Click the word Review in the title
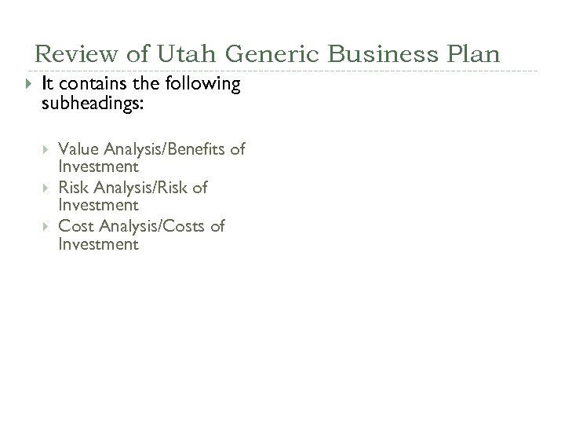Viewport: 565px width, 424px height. click(x=71, y=54)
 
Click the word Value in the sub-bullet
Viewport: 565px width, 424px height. click(x=77, y=149)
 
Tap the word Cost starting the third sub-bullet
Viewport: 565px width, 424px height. click(x=75, y=226)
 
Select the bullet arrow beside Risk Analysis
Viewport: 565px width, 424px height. click(x=46, y=188)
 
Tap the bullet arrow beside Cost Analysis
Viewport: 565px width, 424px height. click(x=46, y=226)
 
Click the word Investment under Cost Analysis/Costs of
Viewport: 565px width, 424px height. click(x=99, y=244)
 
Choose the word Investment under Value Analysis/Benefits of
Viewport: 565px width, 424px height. click(x=99, y=167)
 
